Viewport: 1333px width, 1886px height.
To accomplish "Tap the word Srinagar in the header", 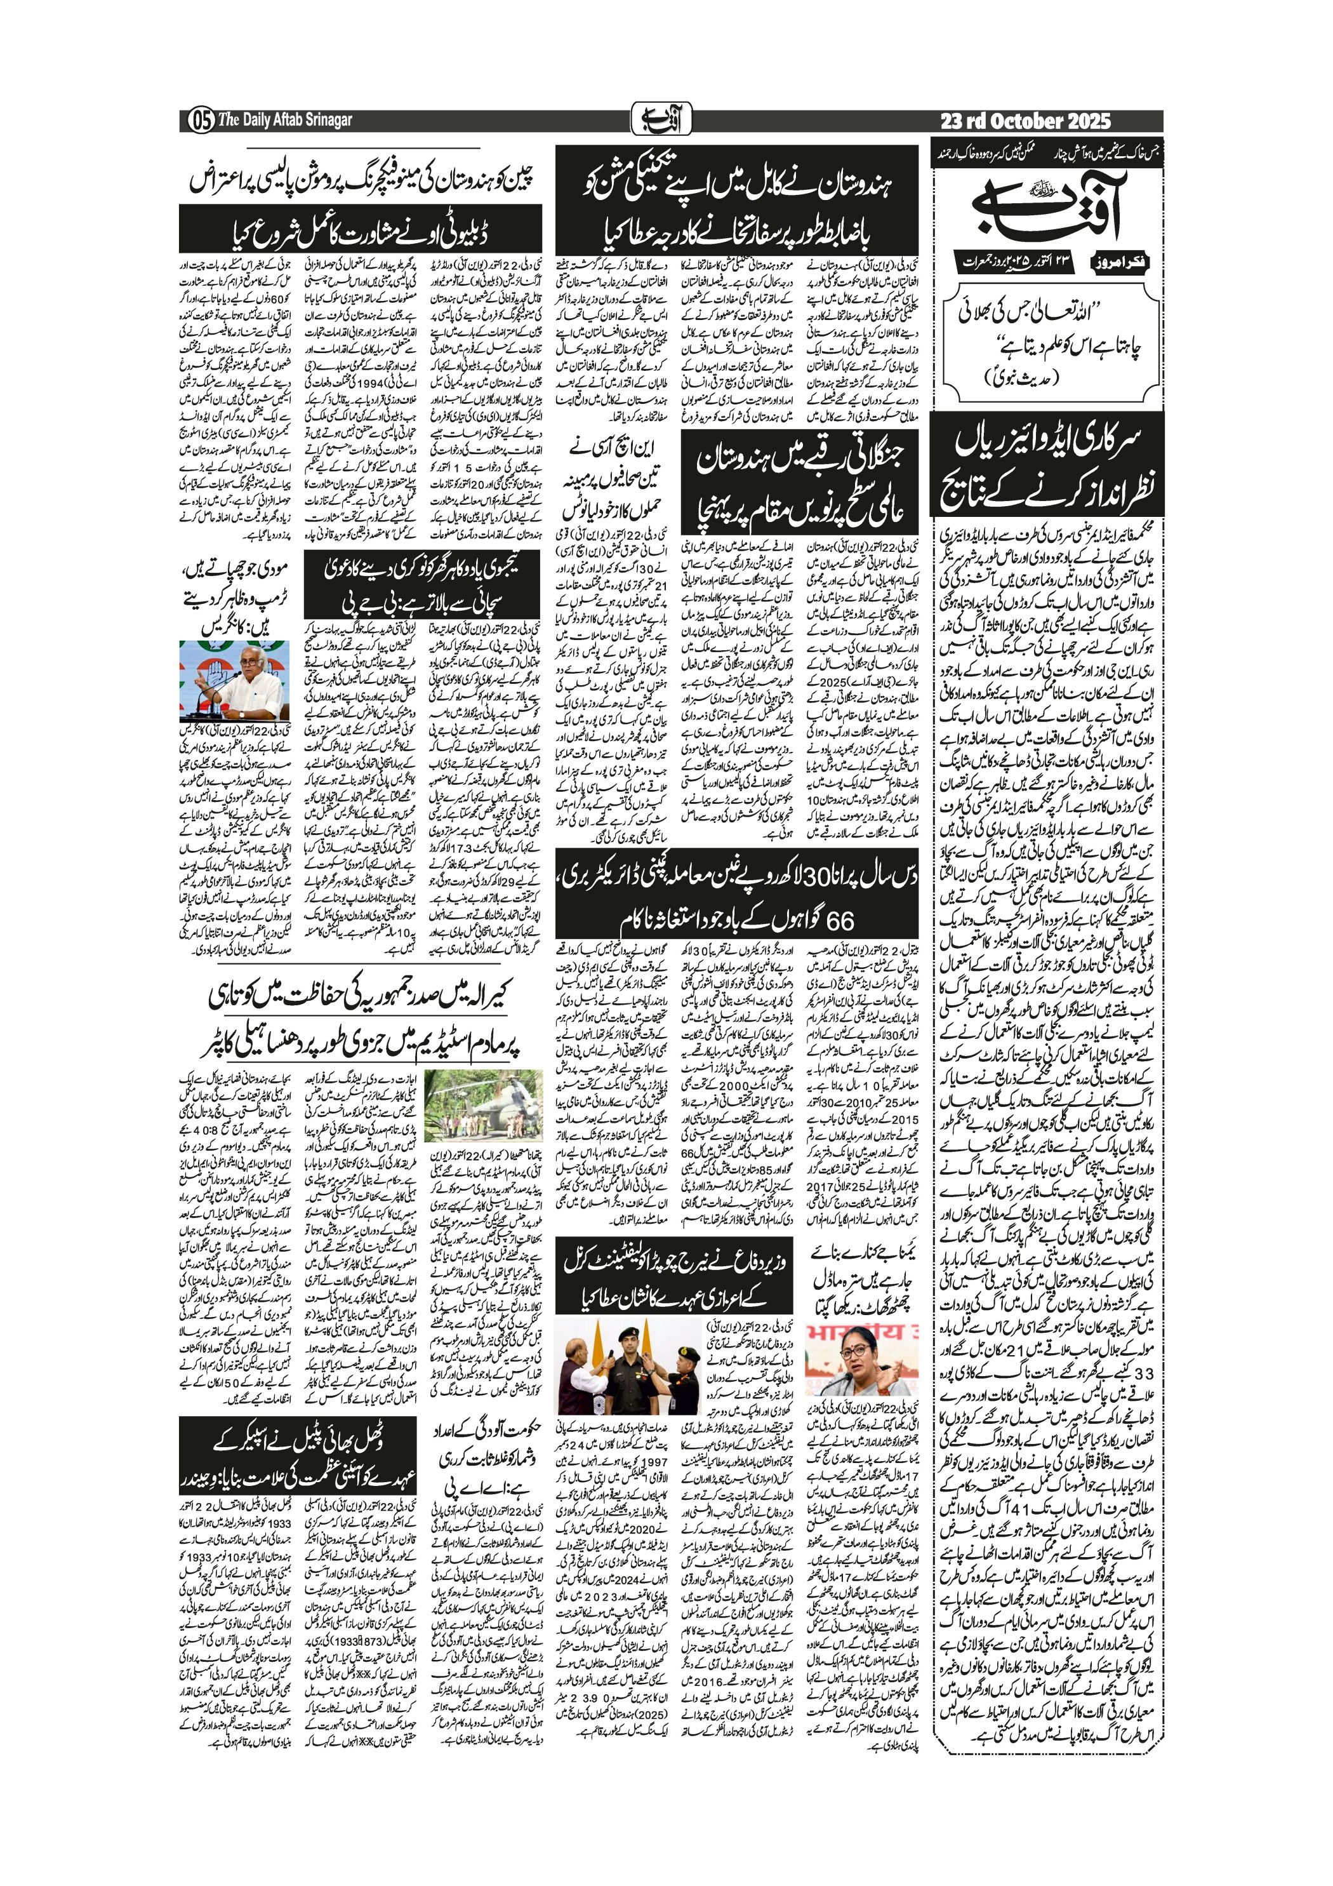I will pos(324,121).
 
